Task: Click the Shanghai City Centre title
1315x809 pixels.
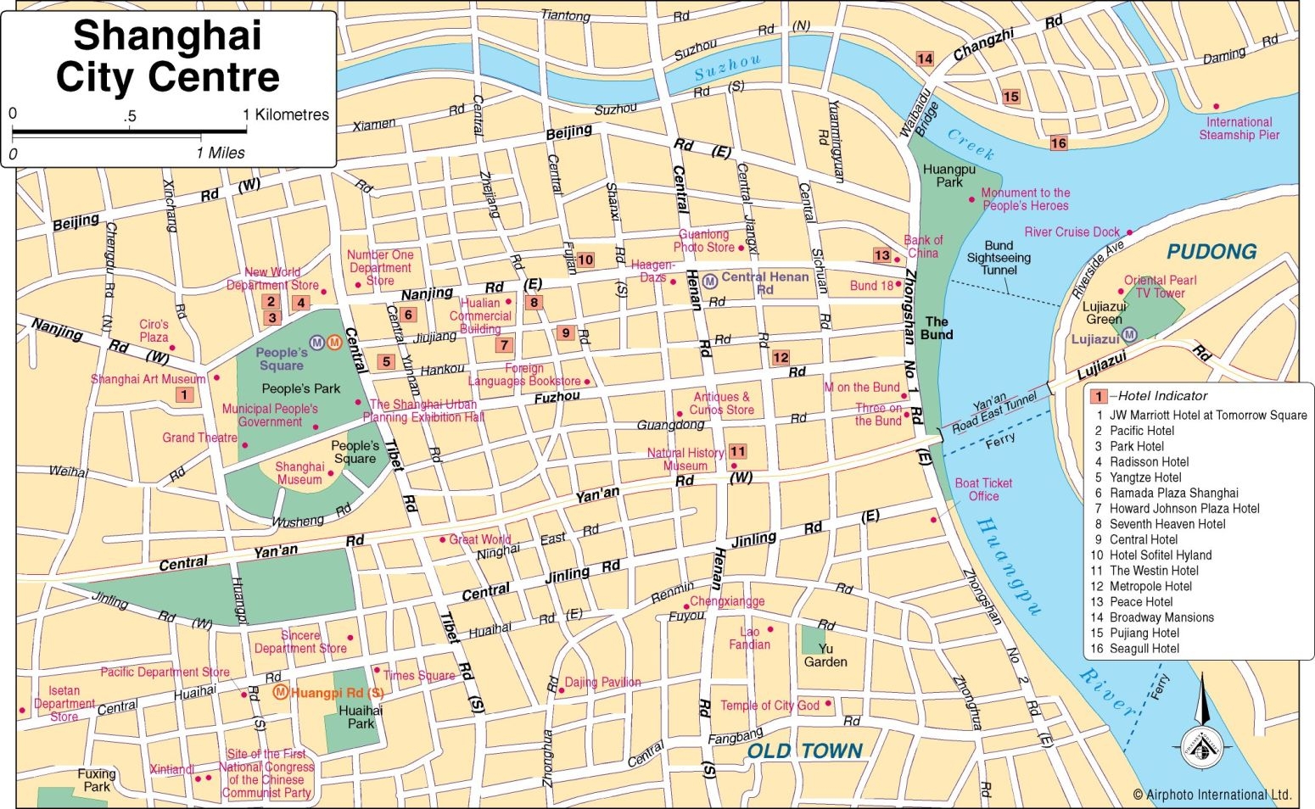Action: click(168, 57)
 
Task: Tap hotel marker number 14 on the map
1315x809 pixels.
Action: click(924, 59)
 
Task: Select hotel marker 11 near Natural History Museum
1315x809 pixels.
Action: click(737, 452)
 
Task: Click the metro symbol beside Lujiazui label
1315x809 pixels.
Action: click(1129, 335)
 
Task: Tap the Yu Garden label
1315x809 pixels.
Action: click(825, 656)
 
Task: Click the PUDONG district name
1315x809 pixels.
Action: click(1211, 252)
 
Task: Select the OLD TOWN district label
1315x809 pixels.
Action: click(804, 751)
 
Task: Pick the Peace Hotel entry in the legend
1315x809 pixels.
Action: click(1141, 602)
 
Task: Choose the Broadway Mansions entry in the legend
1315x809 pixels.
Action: click(1161, 617)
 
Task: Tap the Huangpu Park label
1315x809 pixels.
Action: click(948, 176)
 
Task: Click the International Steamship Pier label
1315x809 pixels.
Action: click(1239, 128)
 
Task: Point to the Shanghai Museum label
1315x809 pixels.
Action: click(299, 473)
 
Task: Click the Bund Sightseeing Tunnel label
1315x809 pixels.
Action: click(999, 258)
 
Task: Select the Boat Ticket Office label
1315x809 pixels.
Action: click(983, 489)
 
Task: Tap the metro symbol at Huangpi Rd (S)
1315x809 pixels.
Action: click(280, 692)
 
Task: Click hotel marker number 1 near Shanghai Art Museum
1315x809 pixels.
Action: click(184, 394)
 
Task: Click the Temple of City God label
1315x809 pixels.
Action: click(769, 706)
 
